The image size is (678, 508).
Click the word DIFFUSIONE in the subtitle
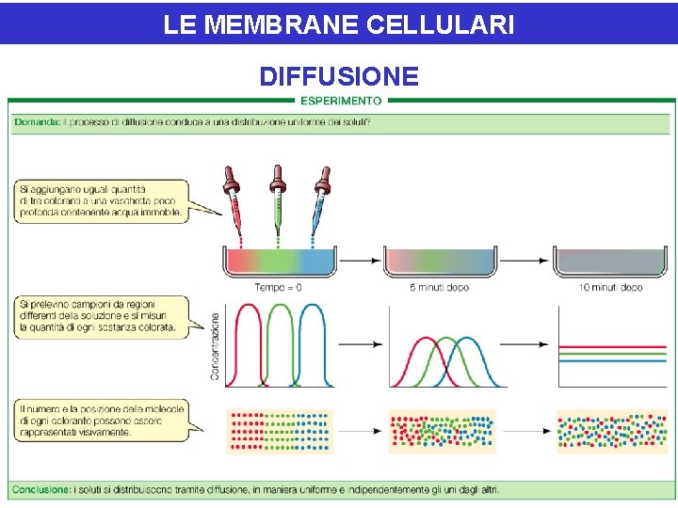point(338,76)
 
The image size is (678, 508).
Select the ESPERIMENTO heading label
point(340,101)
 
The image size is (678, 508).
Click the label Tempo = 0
point(278,288)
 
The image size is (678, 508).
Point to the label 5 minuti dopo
point(439,288)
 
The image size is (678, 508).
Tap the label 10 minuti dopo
point(610,288)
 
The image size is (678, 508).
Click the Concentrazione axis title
point(215,346)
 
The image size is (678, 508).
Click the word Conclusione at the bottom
point(40,490)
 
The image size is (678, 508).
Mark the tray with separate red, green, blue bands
point(279,262)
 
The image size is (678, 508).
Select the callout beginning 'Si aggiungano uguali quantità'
point(100,199)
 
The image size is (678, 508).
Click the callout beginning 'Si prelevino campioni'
point(98,315)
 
